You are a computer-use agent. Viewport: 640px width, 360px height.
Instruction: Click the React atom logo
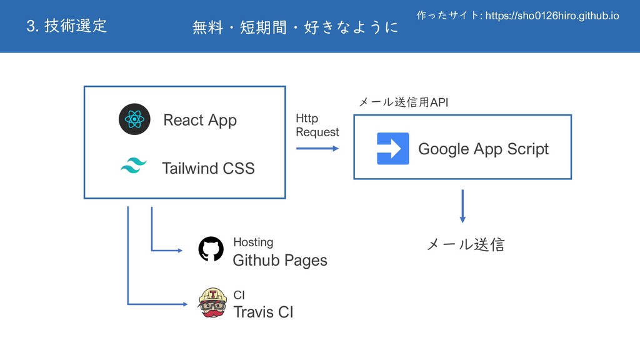coord(134,119)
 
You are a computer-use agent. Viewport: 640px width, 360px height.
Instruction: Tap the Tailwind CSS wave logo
coord(132,167)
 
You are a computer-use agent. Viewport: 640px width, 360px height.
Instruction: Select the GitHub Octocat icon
coord(211,249)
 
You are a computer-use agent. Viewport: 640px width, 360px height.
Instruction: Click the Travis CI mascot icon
coord(211,302)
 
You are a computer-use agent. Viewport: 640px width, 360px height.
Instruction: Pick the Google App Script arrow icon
coord(393,149)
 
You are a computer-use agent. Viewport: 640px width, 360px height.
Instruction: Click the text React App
coord(200,120)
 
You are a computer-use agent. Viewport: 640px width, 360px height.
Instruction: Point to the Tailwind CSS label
coord(208,168)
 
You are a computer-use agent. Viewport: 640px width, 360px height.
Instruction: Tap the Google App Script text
coord(483,149)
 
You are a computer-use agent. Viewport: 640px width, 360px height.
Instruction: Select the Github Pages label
coord(279,261)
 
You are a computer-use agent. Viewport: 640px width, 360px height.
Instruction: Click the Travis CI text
coord(262,312)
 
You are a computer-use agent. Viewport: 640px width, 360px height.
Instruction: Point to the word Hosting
coord(253,242)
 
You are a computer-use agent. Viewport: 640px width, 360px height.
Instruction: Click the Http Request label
coord(317,126)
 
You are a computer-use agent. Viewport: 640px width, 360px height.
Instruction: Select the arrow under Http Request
coord(317,149)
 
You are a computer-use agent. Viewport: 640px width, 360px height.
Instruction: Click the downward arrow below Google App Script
coord(462,206)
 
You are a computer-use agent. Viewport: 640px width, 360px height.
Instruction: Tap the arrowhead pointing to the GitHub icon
coord(179,251)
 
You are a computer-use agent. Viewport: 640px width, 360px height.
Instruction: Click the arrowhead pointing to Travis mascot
coord(184,304)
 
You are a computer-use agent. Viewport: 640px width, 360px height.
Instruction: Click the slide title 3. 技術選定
coord(67,26)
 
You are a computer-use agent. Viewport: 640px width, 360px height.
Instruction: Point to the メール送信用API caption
coord(403,102)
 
